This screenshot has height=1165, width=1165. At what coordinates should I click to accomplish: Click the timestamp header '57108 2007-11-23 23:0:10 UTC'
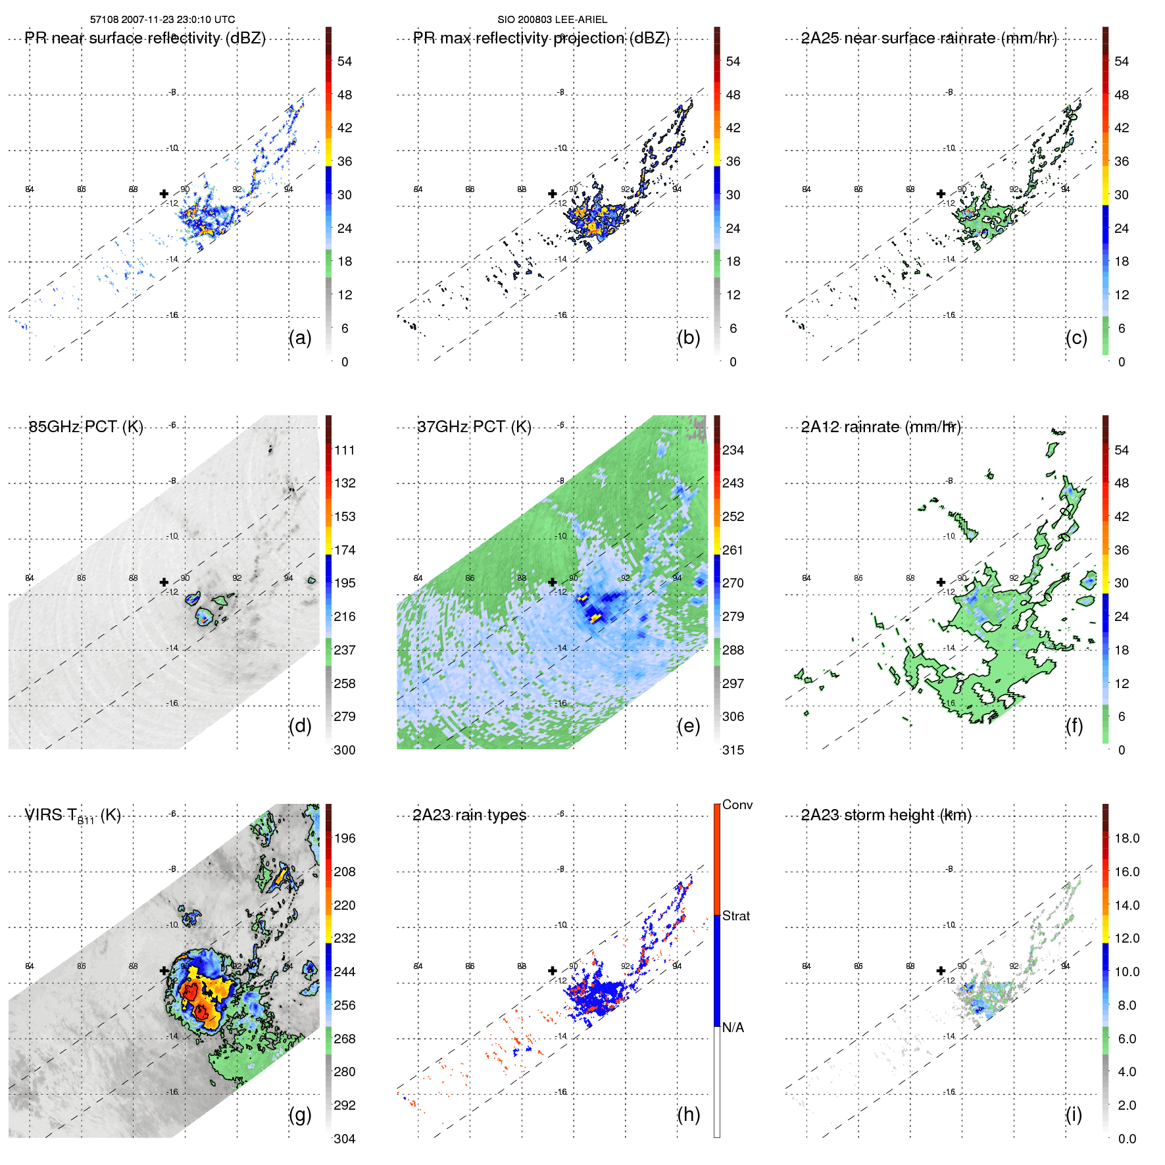click(x=162, y=20)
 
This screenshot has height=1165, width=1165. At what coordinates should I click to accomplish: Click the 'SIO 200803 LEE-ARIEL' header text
click(x=552, y=20)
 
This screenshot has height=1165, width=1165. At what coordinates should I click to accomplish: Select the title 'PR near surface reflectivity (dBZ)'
click(x=145, y=38)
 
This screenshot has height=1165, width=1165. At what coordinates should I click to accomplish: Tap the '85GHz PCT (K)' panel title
click(x=86, y=427)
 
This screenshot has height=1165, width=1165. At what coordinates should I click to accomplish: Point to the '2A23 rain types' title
click(x=470, y=815)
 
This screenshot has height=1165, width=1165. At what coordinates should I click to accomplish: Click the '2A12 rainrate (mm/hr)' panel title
click(x=881, y=427)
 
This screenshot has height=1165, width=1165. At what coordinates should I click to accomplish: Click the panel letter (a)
click(x=300, y=337)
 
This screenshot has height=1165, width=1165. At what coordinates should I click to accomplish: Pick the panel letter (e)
click(x=688, y=726)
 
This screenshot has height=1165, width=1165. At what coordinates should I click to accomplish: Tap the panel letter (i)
click(x=1074, y=1114)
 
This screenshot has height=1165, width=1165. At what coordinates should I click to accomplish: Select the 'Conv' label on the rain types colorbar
click(x=737, y=805)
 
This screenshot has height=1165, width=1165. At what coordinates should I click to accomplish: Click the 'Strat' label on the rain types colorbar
click(x=736, y=916)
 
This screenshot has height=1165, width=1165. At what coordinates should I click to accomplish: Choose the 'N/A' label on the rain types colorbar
click(x=733, y=1028)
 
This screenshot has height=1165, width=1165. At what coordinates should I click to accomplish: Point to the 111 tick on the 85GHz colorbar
click(x=345, y=451)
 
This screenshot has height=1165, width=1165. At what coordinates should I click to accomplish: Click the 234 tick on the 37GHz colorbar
click(x=733, y=451)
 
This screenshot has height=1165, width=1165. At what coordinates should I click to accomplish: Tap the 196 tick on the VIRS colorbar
click(x=345, y=839)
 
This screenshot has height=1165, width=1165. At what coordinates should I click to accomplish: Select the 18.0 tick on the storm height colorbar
click(x=1127, y=839)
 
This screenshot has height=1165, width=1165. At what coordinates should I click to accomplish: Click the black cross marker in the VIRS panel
click(x=164, y=970)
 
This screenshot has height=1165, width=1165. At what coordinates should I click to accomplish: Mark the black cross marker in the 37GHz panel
click(x=553, y=582)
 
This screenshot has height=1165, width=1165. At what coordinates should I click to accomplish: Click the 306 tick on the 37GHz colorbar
click(x=733, y=717)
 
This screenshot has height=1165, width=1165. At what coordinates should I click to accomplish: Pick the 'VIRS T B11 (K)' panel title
click(x=72, y=816)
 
